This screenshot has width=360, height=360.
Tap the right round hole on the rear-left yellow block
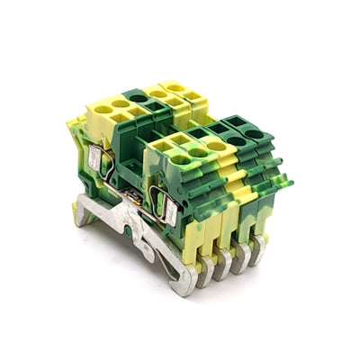click(121, 104)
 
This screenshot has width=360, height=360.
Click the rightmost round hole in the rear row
click(175, 87)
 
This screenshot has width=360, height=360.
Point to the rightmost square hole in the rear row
click(192, 95)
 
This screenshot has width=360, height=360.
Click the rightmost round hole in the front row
click(254, 134)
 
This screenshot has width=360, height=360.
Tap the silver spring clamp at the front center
click(166, 208)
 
